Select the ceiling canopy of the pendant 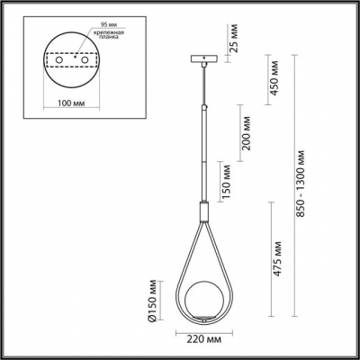tap(203, 60)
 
